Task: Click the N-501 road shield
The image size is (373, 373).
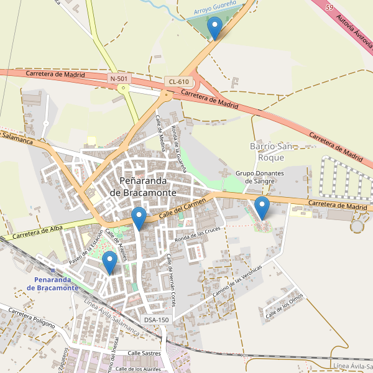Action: (119, 78)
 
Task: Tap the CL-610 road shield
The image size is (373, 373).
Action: (178, 82)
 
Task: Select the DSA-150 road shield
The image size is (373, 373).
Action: (156, 320)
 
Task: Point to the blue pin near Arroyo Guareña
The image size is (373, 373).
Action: (215, 28)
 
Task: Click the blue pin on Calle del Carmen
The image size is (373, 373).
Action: (139, 218)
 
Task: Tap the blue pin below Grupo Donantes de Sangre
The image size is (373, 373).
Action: (262, 207)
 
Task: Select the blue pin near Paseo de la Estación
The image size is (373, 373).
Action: (110, 262)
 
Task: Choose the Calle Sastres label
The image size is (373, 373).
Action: (144, 353)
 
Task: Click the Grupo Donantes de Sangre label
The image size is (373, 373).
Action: (259, 177)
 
